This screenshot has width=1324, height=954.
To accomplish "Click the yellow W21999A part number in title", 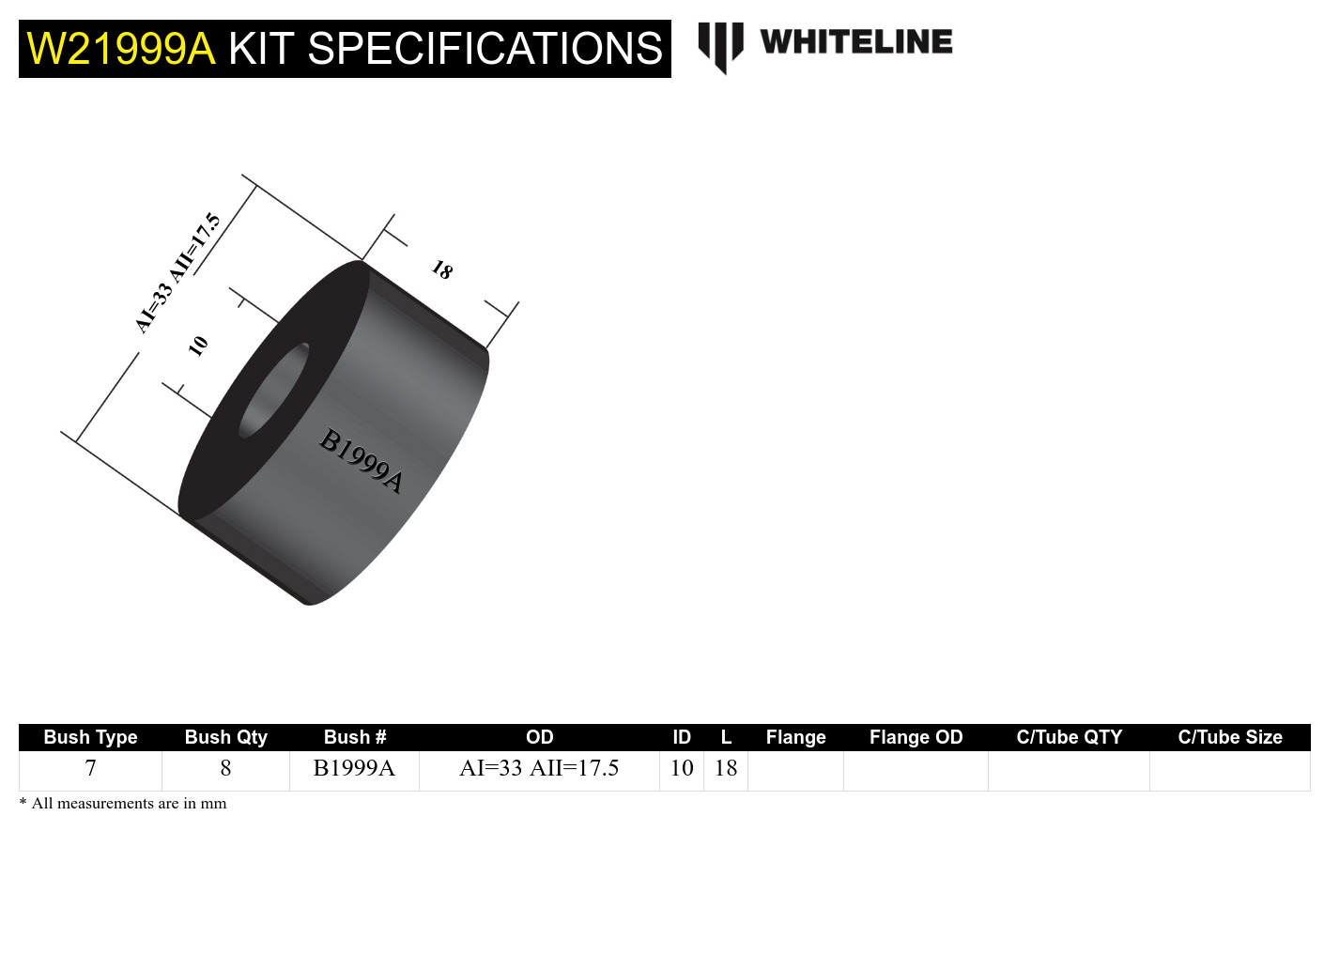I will tap(121, 49).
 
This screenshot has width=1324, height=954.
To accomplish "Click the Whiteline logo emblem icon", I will tap(720, 45).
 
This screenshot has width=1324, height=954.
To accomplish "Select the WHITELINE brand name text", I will tap(855, 42).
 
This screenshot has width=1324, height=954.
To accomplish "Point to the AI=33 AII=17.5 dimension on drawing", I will tap(177, 273).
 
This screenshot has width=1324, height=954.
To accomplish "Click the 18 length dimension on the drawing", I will tap(442, 270).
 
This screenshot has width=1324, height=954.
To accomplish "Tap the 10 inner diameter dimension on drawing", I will tap(197, 346).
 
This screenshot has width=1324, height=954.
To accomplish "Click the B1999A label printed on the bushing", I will tap(362, 460).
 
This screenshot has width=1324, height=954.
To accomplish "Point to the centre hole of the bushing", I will tap(274, 391).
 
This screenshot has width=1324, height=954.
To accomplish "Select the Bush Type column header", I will tap(90, 737).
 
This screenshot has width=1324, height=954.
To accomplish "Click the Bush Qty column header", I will tap(225, 737).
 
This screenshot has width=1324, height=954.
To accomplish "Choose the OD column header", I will tap(539, 737).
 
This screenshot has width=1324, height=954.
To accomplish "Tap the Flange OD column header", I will tap(916, 737).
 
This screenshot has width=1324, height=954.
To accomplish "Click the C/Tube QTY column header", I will tap(1069, 737).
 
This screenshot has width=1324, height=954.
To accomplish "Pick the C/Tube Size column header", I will tap(1229, 737).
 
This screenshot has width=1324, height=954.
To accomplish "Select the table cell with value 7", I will tap(90, 768).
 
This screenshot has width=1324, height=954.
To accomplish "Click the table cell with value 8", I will tap(225, 768).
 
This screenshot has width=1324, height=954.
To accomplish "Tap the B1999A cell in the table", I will tap(354, 768).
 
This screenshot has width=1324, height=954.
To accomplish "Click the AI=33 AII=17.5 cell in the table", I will tap(539, 768).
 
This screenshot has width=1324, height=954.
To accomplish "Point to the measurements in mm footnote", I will tap(123, 804).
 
